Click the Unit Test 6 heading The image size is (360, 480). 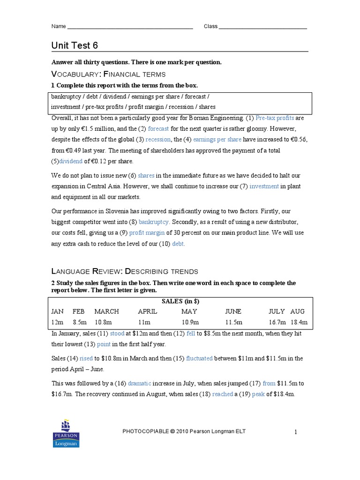pyautogui.click(x=75, y=45)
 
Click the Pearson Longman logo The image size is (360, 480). pyautogui.click(x=66, y=433)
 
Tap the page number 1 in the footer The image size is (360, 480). pyautogui.click(x=296, y=432)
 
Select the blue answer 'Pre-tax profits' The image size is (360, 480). pyautogui.click(x=275, y=118)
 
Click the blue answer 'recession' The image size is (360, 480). pyautogui.click(x=158, y=140)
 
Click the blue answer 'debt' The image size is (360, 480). pyautogui.click(x=179, y=244)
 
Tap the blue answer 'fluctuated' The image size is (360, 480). pyautogui.click(x=199, y=359)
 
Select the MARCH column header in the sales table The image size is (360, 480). pyautogui.click(x=106, y=311)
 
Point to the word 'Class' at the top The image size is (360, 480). pyautogui.click(x=210, y=27)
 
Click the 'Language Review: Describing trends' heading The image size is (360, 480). pyautogui.click(x=124, y=271)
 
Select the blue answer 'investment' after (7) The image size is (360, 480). pyautogui.click(x=264, y=187)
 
